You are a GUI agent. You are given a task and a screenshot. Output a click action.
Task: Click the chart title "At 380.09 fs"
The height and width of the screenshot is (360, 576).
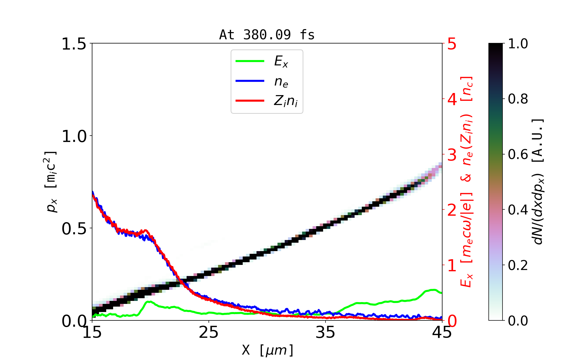267,35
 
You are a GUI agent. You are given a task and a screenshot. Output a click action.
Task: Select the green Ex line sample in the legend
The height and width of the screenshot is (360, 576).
250,61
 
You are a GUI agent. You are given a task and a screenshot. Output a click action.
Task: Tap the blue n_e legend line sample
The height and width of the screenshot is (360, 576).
250,81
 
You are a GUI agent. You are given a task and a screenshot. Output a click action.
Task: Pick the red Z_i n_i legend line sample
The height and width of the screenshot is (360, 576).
250,100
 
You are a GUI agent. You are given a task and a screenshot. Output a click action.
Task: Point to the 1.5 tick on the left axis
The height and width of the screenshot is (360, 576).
73,44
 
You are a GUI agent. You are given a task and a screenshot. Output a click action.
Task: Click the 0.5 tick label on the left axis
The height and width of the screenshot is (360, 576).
73,229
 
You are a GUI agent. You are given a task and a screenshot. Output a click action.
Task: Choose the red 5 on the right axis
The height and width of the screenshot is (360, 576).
452,44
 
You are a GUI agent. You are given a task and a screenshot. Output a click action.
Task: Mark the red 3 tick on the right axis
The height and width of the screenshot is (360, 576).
452,155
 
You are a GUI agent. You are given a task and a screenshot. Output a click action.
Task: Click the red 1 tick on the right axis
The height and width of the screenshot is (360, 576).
452,266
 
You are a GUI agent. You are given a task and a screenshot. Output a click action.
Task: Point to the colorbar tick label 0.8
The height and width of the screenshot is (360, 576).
518,99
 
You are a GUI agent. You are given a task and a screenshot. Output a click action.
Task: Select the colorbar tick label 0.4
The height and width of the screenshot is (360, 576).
518,210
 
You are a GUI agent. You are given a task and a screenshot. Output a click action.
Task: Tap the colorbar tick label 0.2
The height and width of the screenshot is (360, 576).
518,265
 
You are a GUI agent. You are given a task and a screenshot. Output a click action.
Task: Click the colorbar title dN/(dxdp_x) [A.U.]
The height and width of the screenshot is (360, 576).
539,181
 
